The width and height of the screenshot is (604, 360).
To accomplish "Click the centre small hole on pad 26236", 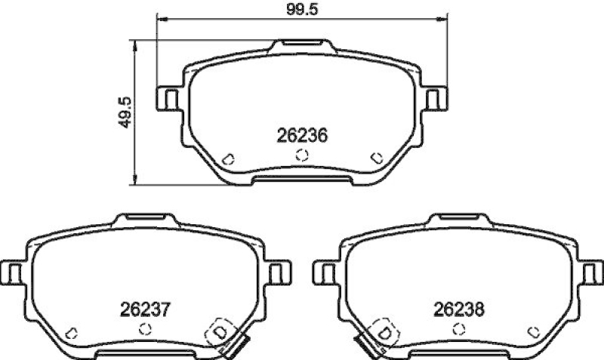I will [x=301, y=155].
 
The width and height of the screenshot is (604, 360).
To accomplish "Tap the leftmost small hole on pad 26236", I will [x=229, y=158].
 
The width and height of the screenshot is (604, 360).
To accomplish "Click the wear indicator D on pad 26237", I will [x=220, y=332].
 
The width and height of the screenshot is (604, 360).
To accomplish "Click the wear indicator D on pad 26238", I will [x=383, y=332].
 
